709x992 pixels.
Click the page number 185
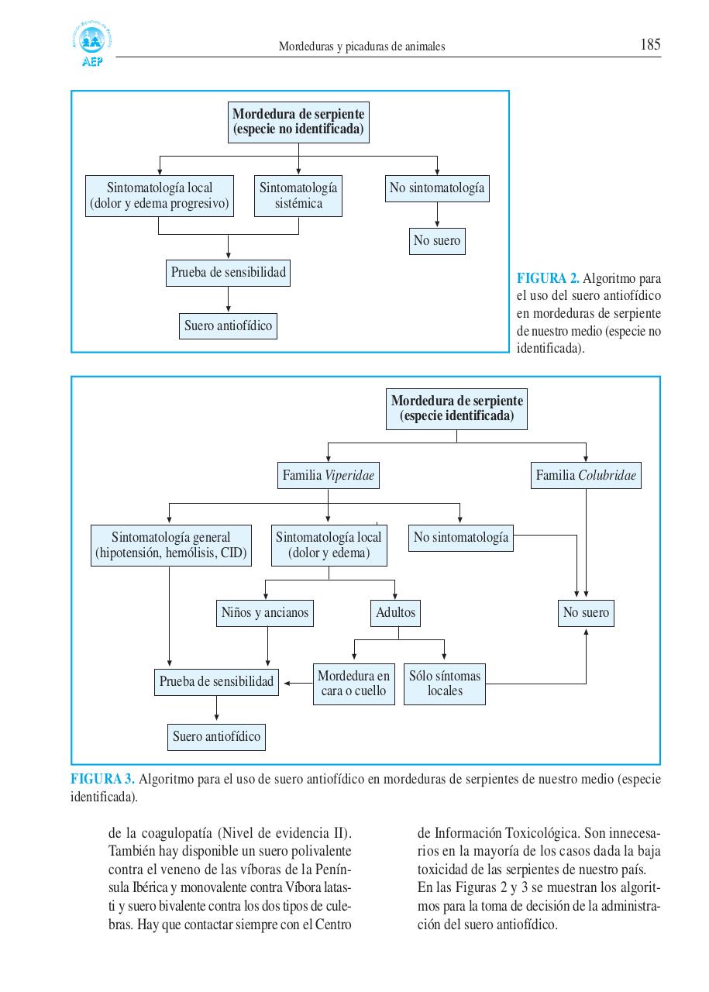point(650,45)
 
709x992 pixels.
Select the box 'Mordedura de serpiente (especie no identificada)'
point(298,122)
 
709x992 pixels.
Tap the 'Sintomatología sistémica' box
point(298,196)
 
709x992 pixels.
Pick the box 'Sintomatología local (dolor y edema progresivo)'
point(159,196)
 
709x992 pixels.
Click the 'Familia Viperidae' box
point(329,476)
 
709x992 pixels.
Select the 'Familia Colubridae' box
point(586,476)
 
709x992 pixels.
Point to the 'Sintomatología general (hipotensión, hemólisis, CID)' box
point(170,546)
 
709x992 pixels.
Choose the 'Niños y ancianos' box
point(265,613)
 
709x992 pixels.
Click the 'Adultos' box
point(396,613)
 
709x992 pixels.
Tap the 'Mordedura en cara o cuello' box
point(353,684)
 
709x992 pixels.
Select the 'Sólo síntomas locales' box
point(445,684)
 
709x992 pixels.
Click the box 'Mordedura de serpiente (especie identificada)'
point(456,409)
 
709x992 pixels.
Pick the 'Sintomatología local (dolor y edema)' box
point(329,546)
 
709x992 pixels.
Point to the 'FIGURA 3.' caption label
point(103,779)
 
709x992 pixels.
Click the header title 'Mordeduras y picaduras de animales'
point(362,46)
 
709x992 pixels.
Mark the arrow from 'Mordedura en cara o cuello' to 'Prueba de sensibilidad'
point(298,683)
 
